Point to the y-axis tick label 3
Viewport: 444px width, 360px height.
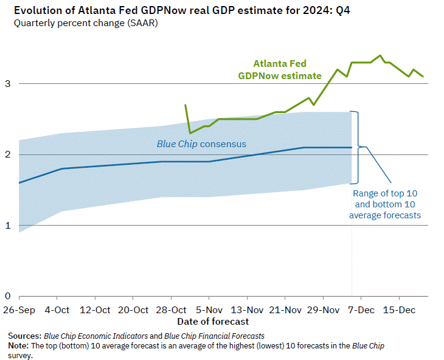coord(7,83)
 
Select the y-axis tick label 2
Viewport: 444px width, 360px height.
coord(7,154)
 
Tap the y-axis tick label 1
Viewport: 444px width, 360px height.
coord(7,226)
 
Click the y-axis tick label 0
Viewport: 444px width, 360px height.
coord(7,296)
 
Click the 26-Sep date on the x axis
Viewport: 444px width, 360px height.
coord(19,309)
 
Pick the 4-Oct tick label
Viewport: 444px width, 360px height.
coord(57,309)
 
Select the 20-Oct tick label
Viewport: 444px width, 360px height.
coord(133,309)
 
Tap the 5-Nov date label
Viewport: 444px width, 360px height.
coord(209,309)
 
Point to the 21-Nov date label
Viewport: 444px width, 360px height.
coord(285,309)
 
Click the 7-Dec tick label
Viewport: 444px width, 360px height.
coord(361,309)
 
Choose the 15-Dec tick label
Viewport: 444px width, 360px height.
coord(399,309)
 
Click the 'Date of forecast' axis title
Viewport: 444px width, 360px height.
coord(213,320)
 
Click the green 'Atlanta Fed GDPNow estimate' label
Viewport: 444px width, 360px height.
coord(279,69)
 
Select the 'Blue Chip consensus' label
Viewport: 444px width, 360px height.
coord(194,144)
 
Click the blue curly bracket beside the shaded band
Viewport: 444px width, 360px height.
coord(361,147)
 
